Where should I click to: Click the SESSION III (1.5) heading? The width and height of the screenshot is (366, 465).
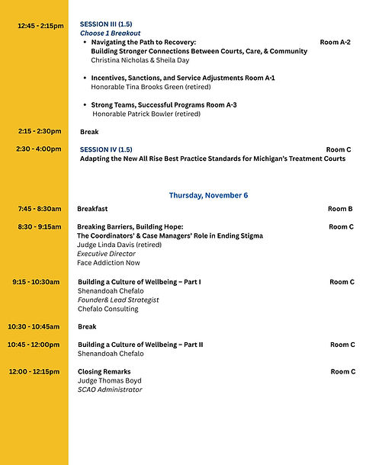point(105,24)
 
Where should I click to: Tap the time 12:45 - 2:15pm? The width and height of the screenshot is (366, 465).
point(41,26)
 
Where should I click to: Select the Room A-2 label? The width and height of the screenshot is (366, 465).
point(335,42)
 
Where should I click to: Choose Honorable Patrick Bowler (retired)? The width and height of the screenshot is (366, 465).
point(146,114)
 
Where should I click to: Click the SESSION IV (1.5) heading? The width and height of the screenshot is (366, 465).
point(105,149)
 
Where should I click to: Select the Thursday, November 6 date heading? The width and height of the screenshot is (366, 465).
point(208,195)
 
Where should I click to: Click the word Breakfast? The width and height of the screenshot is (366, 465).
point(92,208)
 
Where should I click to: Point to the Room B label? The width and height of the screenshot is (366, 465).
point(340,209)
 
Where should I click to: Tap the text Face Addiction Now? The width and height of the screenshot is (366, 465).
point(108,263)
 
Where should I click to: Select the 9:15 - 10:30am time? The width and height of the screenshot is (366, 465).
point(36,282)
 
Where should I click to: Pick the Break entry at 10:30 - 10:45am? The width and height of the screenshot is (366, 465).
point(87,326)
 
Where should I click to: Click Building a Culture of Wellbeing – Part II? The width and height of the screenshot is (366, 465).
point(140,345)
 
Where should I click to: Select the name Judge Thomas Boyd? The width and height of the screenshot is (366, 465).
point(109,380)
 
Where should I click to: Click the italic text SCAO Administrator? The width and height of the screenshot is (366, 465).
point(109,390)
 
